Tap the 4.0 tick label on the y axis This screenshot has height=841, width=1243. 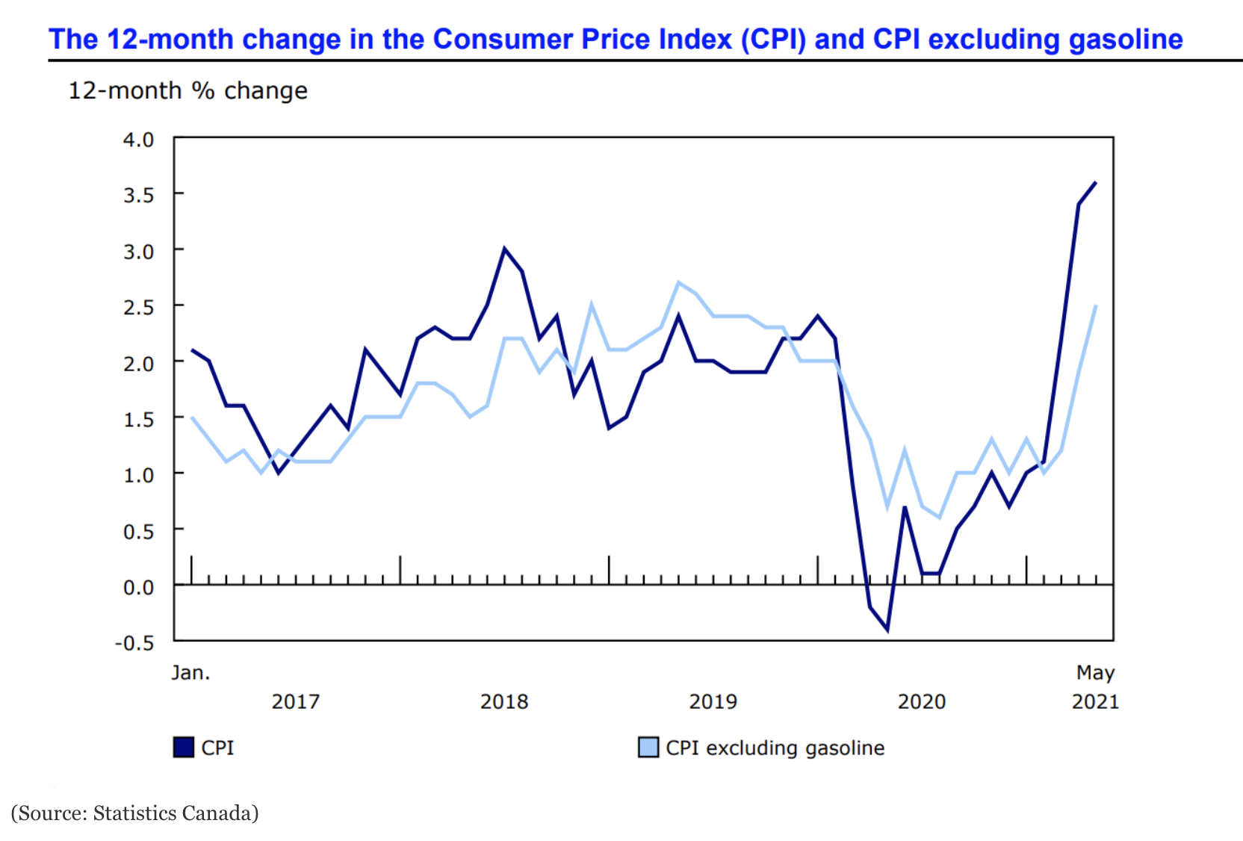[x=138, y=140]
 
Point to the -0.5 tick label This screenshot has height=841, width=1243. [x=134, y=643]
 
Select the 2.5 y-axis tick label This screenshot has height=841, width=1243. [x=138, y=308]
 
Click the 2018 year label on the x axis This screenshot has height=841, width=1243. [x=503, y=702]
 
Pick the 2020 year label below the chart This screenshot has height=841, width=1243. [x=921, y=702]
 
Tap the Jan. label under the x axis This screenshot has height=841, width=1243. [x=190, y=673]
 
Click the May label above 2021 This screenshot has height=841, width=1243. [x=1095, y=673]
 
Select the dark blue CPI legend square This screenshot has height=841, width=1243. [x=184, y=748]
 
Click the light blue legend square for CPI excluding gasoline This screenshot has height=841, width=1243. [x=648, y=748]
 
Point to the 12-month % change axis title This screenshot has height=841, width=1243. [x=187, y=91]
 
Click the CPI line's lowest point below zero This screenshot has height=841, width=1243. [x=887, y=630]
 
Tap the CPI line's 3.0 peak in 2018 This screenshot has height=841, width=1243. [x=504, y=249]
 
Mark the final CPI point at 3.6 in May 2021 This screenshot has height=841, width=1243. [x=1095, y=182]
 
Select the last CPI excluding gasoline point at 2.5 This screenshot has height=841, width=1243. [x=1095, y=305]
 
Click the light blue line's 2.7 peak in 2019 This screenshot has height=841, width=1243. [x=678, y=282]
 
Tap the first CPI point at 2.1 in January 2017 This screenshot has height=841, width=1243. [x=192, y=350]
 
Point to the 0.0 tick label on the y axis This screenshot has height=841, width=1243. [x=138, y=588]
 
